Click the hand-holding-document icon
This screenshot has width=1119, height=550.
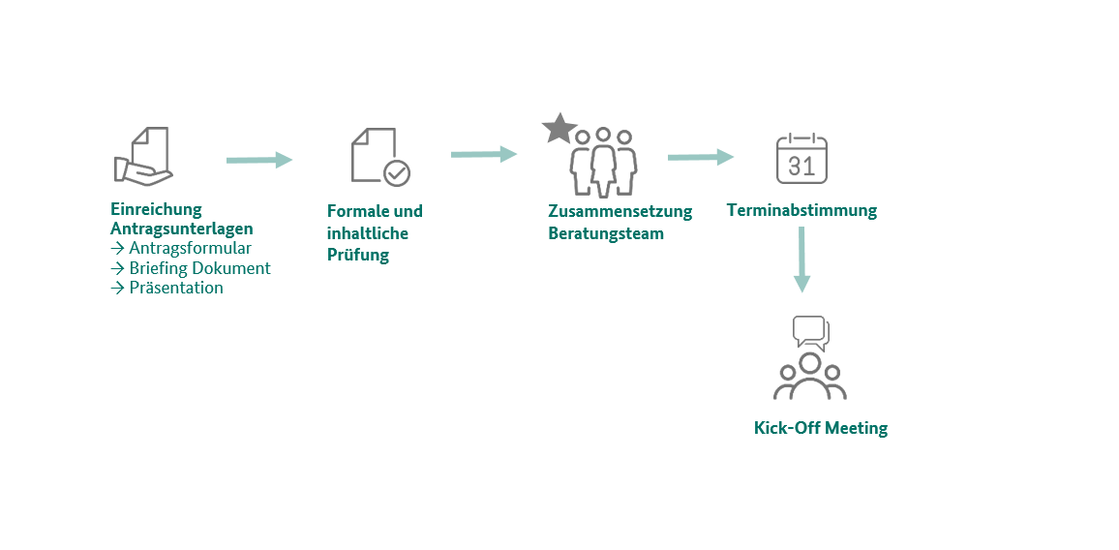143,157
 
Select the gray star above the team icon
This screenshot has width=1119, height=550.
559,128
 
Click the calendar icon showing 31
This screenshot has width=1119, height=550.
801,159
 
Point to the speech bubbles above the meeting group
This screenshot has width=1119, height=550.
811,332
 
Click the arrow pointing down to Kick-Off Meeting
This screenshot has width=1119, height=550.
801,259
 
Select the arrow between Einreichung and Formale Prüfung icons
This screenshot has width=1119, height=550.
258,160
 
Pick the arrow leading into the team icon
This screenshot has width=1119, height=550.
484,154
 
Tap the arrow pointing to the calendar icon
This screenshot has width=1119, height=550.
701,157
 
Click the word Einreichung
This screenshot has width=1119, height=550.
156,209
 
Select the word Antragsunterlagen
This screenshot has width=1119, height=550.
182,229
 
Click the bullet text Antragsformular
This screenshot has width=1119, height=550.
190,249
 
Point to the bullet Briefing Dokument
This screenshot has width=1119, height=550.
199,268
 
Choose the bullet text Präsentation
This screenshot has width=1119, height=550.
175,288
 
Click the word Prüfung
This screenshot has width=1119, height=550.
358,256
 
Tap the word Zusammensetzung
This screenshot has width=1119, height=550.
620,212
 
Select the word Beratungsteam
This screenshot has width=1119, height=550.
606,233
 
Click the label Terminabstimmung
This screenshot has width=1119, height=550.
801,210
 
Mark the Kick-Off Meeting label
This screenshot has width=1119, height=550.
820,428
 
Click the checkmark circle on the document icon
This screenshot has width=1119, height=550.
397,173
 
